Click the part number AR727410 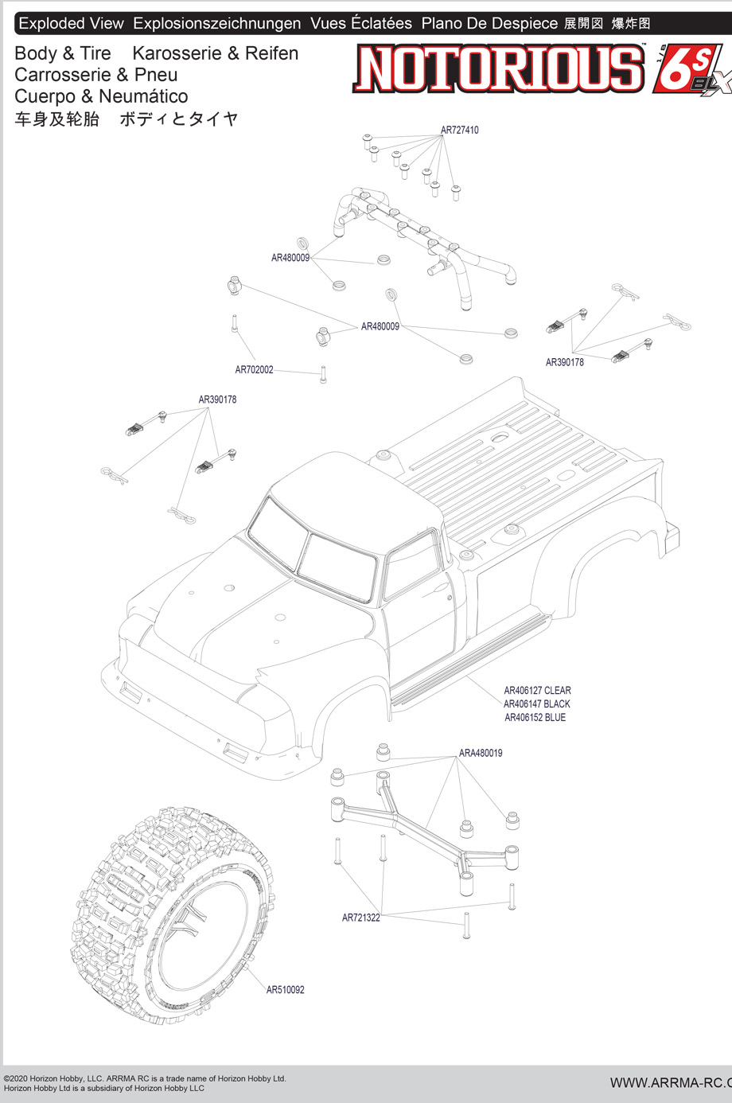[x=459, y=130]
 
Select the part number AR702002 [x=254, y=370]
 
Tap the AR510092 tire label [x=285, y=990]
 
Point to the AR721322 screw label [x=360, y=918]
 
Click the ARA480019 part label [x=481, y=753]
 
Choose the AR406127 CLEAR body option [x=537, y=691]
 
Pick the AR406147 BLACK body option [x=536, y=704]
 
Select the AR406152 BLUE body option [x=535, y=718]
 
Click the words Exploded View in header [x=71, y=24]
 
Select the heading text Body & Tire [x=63, y=53]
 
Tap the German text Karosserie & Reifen [x=215, y=53]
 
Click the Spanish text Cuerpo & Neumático [x=101, y=96]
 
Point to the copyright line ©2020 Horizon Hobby [x=144, y=1079]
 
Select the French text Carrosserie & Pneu [x=95, y=75]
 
